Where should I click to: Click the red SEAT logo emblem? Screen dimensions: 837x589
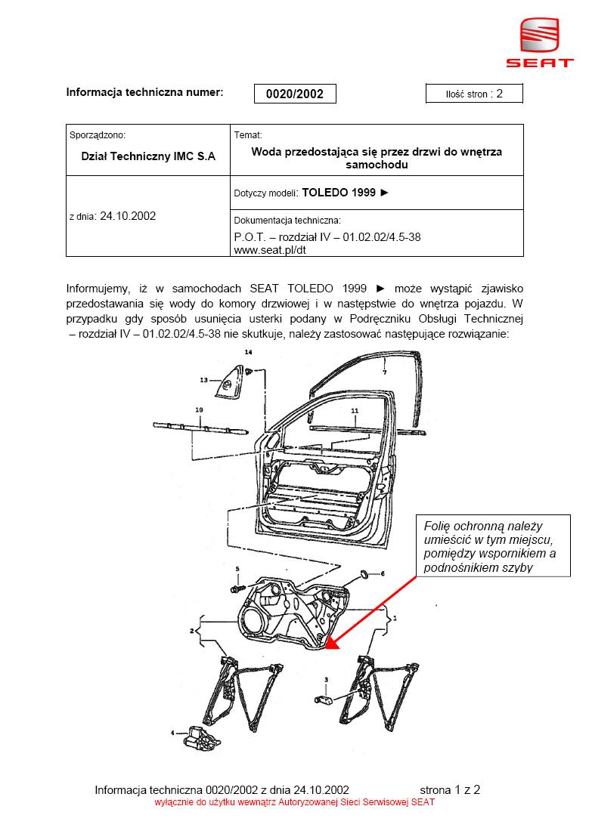[x=539, y=36]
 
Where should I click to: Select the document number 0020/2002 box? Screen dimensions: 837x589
[x=295, y=94]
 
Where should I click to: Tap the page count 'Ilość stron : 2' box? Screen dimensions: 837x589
[x=474, y=94]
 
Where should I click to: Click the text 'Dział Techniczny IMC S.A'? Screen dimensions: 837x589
[x=148, y=156]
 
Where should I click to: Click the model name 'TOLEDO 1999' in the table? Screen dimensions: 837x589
[x=338, y=193]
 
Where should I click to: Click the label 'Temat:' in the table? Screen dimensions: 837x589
[x=247, y=135]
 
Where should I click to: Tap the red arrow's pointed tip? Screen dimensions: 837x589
[x=330, y=649]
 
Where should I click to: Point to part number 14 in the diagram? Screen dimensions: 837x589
[x=247, y=353]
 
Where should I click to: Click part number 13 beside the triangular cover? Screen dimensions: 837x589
[x=203, y=381]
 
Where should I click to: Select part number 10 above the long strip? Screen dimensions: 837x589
[x=200, y=409]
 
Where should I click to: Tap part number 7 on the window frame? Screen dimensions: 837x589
[x=384, y=372]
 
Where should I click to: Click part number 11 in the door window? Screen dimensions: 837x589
[x=353, y=410]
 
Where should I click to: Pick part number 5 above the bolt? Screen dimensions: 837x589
[x=237, y=568]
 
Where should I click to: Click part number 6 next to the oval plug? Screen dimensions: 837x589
[x=383, y=573]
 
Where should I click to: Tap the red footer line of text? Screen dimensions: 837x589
[x=295, y=803]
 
